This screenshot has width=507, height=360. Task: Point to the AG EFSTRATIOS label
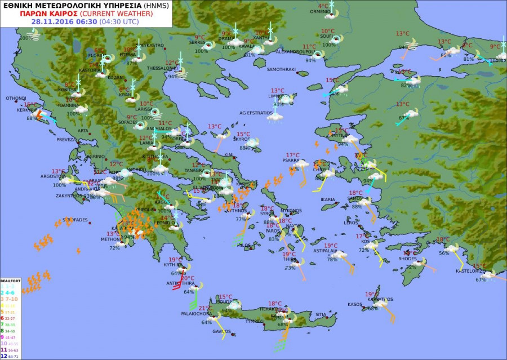(x=256, y=113)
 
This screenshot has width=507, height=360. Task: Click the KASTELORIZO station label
(x=470, y=272)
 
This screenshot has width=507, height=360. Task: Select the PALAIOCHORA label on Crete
(x=195, y=314)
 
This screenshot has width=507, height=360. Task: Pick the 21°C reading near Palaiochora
(x=204, y=308)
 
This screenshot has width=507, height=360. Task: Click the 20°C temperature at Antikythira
(x=188, y=278)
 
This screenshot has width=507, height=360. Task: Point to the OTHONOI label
(x=16, y=98)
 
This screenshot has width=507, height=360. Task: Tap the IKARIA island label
(x=327, y=199)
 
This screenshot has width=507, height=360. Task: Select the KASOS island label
(x=355, y=304)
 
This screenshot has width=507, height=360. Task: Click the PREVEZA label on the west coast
(x=66, y=139)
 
